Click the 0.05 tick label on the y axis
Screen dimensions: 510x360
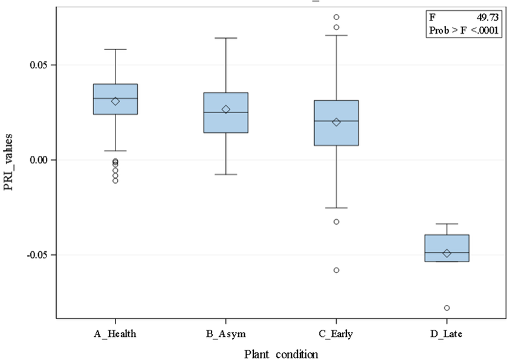point(39,65)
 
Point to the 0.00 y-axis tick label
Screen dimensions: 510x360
point(39,160)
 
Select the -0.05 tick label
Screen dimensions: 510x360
point(37,255)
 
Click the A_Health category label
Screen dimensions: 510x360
point(115,334)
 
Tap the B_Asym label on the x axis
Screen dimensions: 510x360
point(226,334)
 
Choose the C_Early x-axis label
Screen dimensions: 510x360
point(336,334)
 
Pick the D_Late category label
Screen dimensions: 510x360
point(446,334)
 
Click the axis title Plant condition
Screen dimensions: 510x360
point(281,354)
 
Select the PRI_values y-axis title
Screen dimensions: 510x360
point(8,162)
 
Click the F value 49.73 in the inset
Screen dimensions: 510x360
point(488,18)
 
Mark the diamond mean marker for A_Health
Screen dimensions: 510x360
point(115,101)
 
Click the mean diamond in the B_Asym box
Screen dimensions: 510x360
point(226,109)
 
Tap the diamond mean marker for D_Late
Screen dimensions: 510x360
point(447,253)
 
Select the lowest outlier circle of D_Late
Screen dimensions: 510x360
point(447,307)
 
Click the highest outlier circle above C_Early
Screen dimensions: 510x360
point(337,17)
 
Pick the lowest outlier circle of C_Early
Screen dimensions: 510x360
point(337,270)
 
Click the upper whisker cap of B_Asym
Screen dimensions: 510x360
point(226,38)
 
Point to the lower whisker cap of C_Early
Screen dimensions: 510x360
point(337,208)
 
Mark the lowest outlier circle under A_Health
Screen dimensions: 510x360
point(115,181)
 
